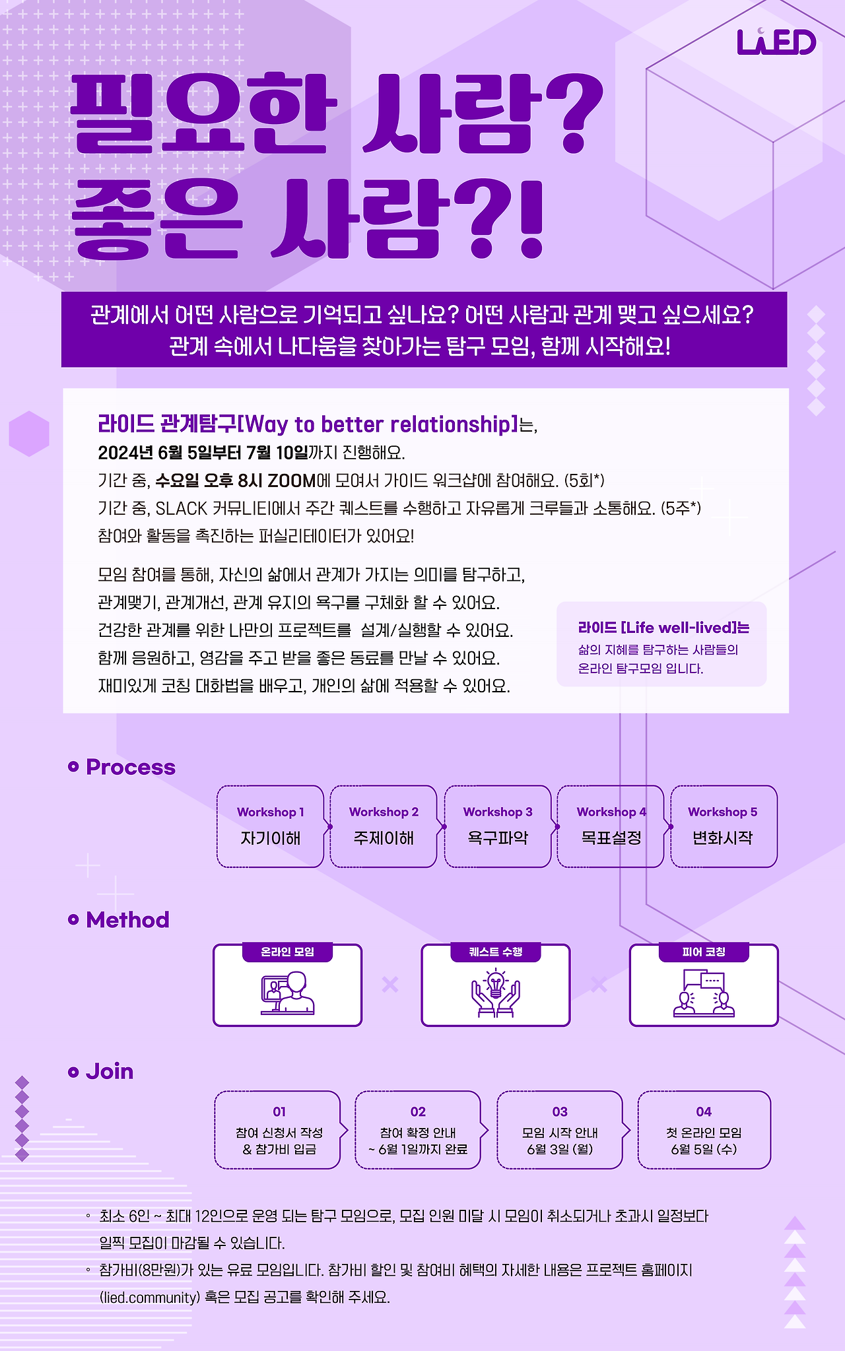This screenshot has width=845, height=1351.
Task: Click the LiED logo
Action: pos(776,42)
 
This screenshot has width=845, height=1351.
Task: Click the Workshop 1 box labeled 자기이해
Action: pos(270,826)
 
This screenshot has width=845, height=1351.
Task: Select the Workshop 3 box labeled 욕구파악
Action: pos(497,826)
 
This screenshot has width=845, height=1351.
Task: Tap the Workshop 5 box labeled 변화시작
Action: pos(723,826)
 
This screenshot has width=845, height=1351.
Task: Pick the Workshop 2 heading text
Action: pos(384,812)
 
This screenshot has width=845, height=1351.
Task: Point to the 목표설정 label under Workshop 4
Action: pos(611,838)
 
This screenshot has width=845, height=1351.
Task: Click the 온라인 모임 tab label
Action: pos(287,952)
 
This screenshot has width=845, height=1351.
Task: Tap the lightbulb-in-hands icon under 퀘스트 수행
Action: pos(496,992)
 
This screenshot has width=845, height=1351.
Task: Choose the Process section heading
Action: pos(131,767)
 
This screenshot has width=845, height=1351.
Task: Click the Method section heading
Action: pos(127,919)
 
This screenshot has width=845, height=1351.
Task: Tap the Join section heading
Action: pos(110,1071)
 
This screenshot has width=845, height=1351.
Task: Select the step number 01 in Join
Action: pos(279,1111)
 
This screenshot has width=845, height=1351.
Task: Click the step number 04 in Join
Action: pos(704,1111)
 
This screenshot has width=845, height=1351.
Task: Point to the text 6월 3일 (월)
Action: pos(560,1149)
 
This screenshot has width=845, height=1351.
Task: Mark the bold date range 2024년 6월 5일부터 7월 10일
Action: pos(203,453)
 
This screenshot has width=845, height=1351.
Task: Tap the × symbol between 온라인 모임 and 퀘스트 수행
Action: pos(390,985)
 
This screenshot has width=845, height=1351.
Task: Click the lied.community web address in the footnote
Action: pos(150,1298)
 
